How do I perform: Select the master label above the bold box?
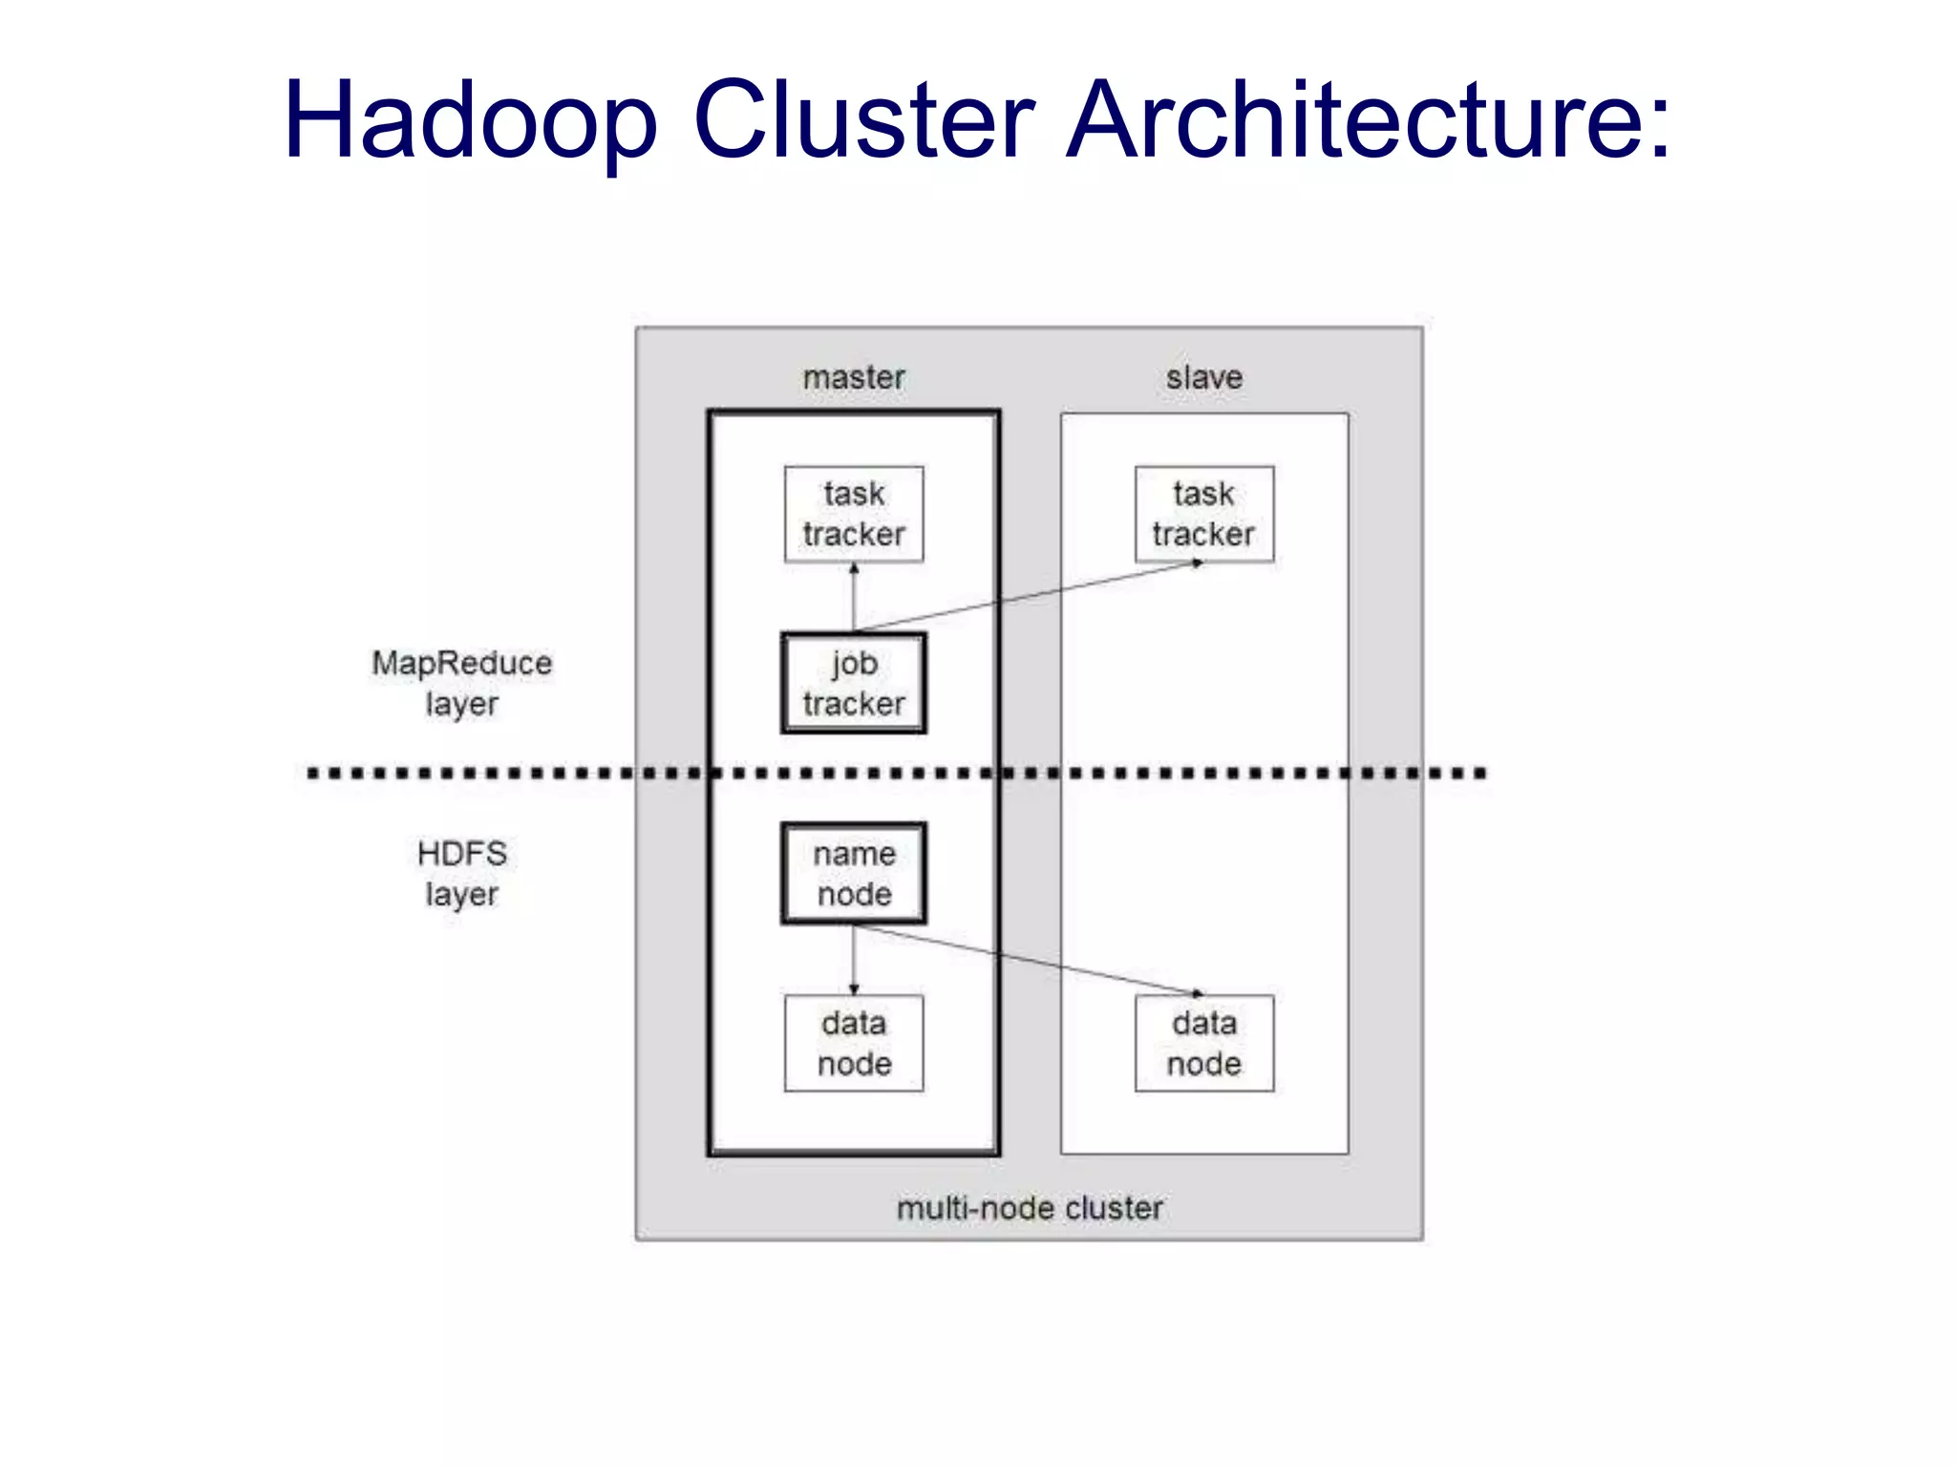click(853, 377)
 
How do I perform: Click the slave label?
click(1203, 377)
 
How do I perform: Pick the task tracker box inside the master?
click(853, 514)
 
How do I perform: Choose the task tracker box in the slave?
click(1203, 514)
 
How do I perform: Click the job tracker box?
click(853, 683)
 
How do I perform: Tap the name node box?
click(853, 873)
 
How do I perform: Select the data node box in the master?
click(853, 1043)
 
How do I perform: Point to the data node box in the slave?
click(1203, 1043)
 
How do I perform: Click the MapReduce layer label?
click(461, 683)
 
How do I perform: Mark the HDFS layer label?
click(461, 873)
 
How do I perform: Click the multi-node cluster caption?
click(1029, 1208)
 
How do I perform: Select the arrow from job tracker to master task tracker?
click(853, 600)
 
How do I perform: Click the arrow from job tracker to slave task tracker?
click(1027, 597)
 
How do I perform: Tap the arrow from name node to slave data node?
click(1027, 960)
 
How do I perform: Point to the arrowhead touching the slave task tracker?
click(1197, 563)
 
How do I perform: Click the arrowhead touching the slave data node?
click(1197, 993)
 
